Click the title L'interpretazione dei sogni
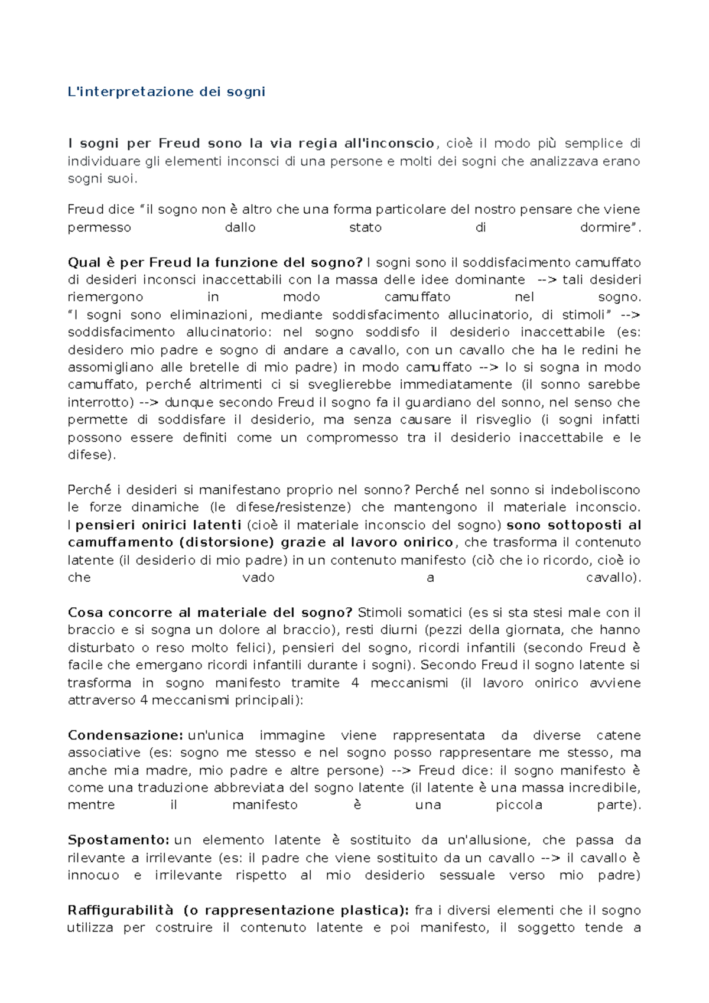coord(167,92)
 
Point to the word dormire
coord(608,227)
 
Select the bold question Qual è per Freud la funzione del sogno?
coord(215,262)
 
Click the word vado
coord(258,577)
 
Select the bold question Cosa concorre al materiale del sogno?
coord(210,613)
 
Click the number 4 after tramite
coord(355,683)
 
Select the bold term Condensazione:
coord(126,735)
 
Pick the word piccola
coord(519,805)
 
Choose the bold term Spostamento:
coord(119,840)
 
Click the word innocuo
coord(93,875)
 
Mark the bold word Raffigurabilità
coord(121,910)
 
